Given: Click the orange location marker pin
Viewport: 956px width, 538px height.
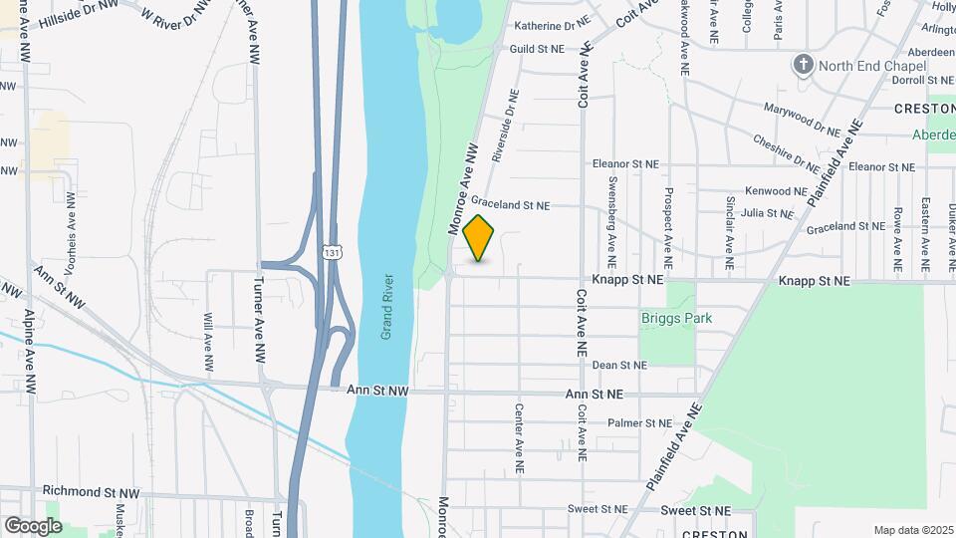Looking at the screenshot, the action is [479, 238].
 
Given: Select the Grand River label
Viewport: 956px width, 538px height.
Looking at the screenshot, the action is [386, 307].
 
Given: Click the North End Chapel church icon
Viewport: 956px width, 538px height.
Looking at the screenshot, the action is [804, 66].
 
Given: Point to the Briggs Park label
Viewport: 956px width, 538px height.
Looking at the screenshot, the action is [677, 319].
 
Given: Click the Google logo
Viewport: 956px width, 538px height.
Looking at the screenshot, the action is [33, 526].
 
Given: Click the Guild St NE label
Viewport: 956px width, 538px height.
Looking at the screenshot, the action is [536, 48].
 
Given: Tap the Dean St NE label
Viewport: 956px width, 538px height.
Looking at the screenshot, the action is [619, 366].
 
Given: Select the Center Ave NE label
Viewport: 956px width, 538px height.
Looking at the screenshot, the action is [519, 438].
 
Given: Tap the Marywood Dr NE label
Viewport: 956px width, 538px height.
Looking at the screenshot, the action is [802, 118].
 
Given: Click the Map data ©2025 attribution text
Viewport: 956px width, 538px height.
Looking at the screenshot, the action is [911, 530].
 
